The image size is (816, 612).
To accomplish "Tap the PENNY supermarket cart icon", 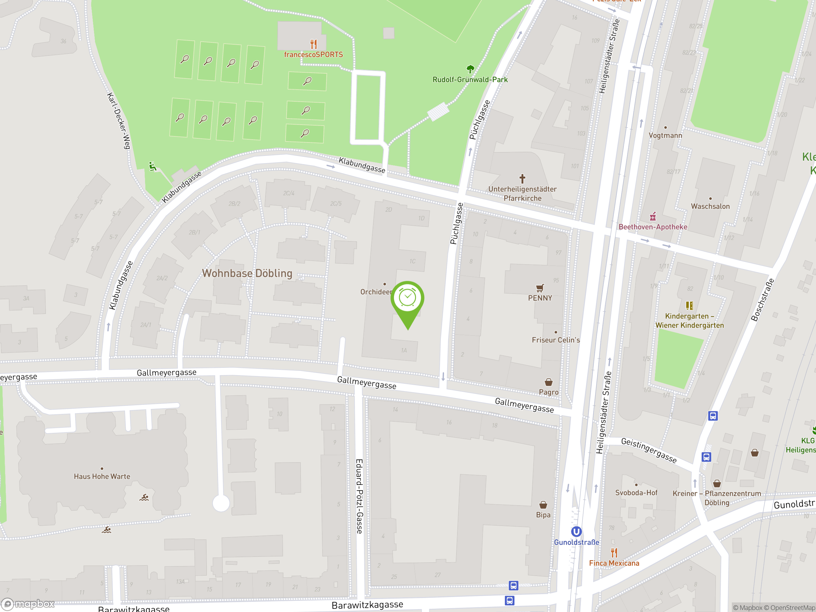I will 540,288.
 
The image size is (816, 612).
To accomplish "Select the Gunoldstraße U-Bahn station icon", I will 576,532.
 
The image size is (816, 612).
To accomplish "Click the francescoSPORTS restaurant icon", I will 314,44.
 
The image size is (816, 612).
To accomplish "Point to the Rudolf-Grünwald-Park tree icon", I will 470,69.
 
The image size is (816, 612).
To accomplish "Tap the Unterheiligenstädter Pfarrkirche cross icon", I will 522,179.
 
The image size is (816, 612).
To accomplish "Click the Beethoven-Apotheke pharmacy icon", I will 652,216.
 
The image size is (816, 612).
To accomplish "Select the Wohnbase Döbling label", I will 247,273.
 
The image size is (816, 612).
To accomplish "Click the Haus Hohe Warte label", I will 102,476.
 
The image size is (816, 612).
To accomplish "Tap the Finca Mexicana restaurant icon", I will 614,553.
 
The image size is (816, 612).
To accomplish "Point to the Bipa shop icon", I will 543,505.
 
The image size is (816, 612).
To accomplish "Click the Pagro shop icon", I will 549,382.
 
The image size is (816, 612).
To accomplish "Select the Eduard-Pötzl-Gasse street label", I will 359,496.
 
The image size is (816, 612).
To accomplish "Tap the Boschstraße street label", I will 762,300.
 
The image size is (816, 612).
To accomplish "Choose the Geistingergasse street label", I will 649,450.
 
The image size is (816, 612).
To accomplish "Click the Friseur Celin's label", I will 556,340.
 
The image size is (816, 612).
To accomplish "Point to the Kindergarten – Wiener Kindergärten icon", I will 689,305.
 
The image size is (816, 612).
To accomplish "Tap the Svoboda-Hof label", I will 636,492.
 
